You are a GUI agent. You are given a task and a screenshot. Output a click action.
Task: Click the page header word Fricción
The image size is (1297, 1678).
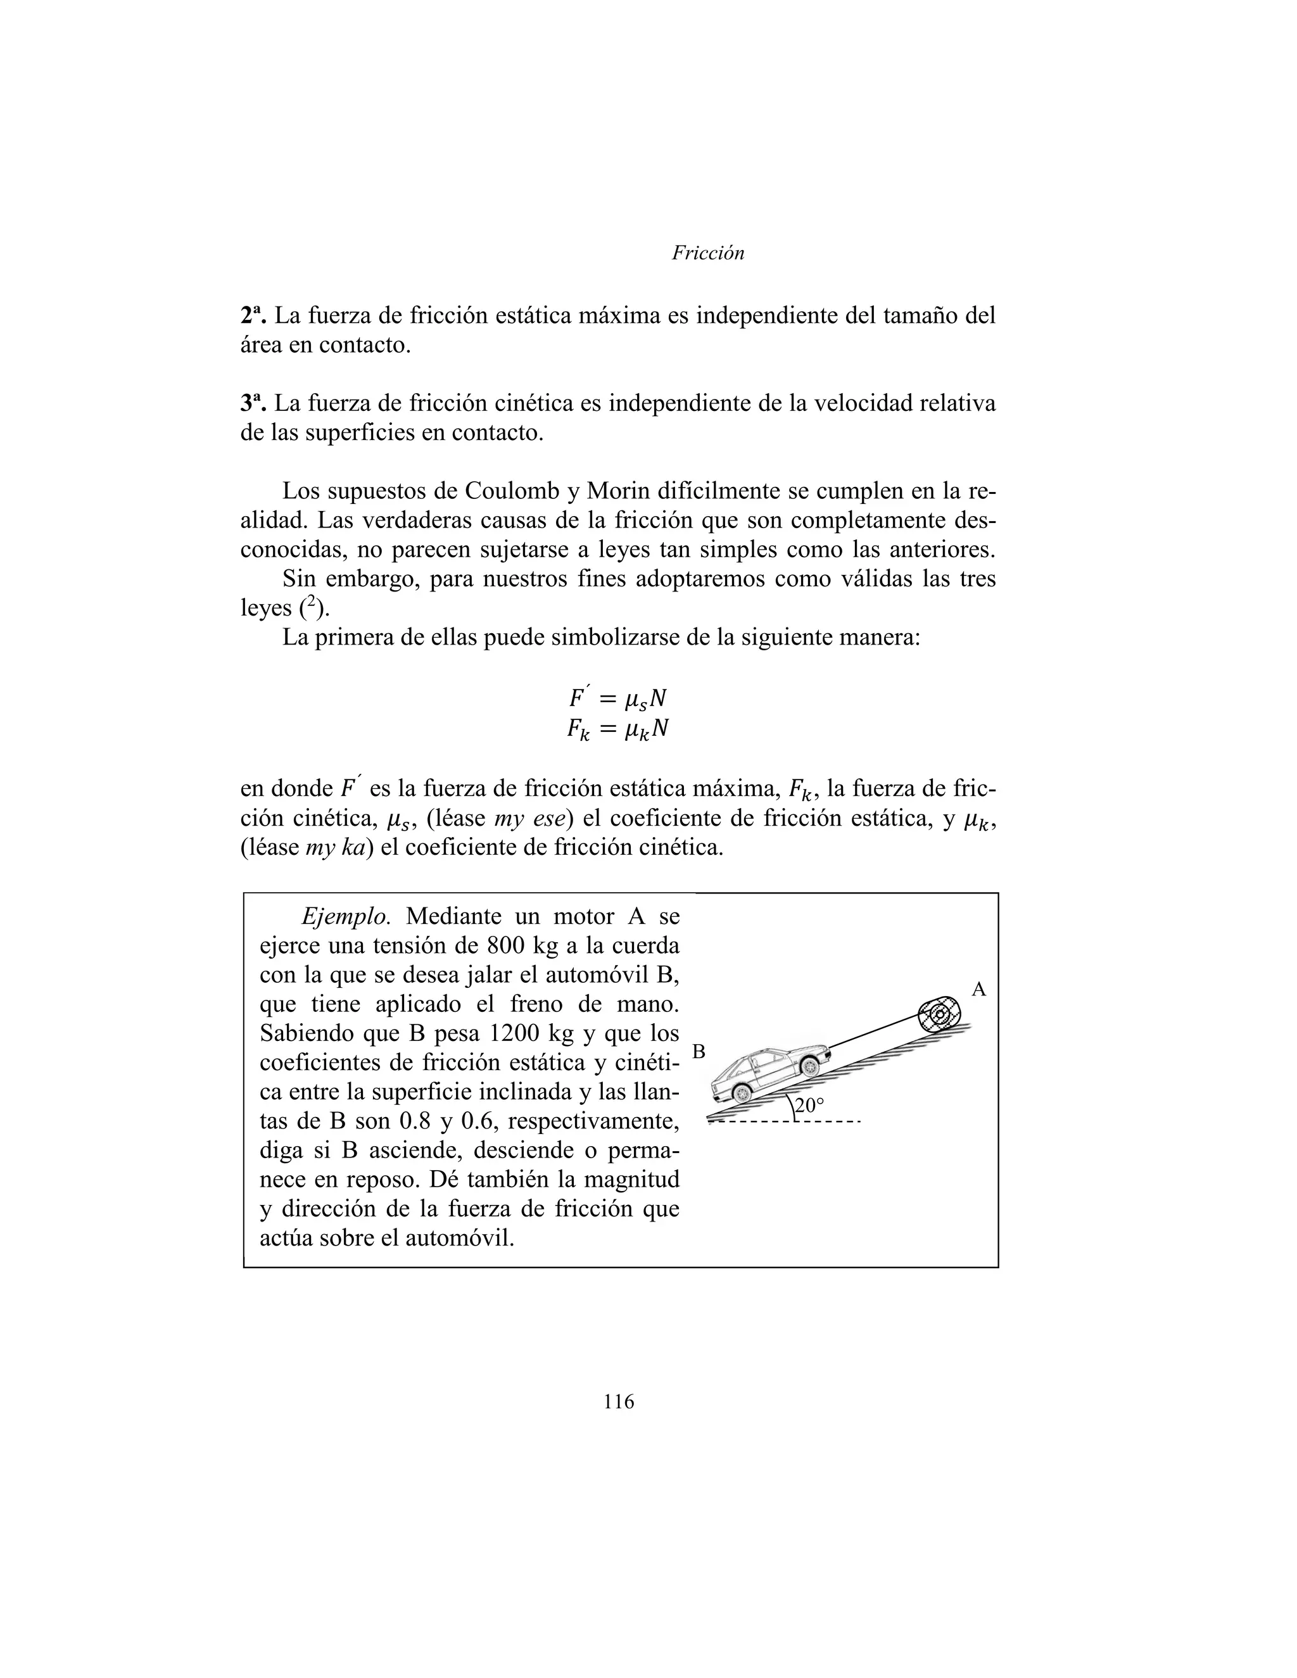coord(707,253)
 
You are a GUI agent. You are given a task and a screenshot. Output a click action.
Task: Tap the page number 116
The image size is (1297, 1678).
coord(619,1402)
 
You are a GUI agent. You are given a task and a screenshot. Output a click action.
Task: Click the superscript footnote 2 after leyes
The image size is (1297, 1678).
coord(309,605)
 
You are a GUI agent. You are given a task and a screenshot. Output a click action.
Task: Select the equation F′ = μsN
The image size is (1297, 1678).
coord(617,698)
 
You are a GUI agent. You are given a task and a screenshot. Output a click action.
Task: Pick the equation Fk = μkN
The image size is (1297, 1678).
coord(617,728)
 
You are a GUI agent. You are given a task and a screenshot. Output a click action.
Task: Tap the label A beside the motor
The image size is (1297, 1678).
coord(978,990)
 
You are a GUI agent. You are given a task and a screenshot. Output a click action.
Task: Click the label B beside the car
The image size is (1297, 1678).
coord(699,1051)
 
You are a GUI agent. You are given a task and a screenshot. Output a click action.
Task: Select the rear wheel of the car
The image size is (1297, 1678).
coord(741,1092)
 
